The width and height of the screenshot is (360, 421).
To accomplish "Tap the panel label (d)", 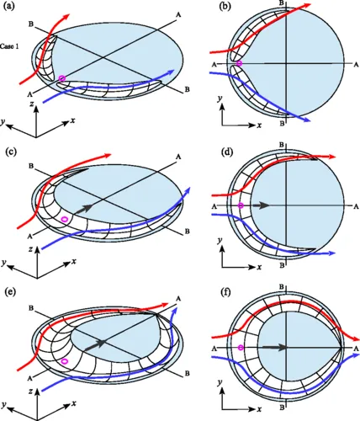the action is coord(225,153).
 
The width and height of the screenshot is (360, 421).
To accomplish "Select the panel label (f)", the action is coord(225,292).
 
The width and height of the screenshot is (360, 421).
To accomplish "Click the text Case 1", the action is coord(9,46).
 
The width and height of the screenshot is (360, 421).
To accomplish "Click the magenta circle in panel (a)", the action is coord(62,78).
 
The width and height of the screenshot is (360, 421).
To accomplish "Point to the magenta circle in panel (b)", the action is coord(239,63).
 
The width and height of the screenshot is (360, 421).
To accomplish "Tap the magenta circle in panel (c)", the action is coord(65,219).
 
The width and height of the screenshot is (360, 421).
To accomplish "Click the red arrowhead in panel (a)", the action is coord(66,17).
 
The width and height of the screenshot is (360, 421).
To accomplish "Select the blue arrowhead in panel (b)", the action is coord(307,120).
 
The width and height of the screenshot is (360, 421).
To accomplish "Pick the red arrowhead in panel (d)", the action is coord(331,157).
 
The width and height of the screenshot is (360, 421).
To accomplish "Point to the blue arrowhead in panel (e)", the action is coord(176,311).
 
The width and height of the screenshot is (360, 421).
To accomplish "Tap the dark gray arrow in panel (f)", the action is coord(275,348).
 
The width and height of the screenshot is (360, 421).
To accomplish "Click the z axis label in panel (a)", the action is coord(33,104).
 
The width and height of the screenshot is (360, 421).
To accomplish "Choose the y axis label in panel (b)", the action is coord(220,99).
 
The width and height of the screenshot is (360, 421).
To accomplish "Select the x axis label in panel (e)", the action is coord(74,403).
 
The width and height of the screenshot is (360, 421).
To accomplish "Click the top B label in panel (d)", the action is coord(282,145).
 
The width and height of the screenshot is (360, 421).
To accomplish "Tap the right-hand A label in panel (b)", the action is coord(356,65).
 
